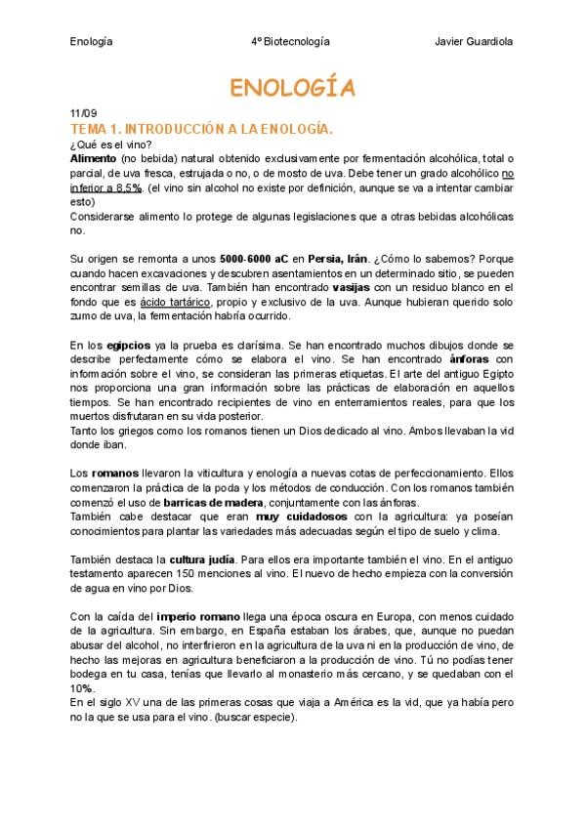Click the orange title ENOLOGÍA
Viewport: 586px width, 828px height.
(292, 89)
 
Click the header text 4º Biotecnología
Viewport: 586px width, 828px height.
(290, 42)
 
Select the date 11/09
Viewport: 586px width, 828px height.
(83, 114)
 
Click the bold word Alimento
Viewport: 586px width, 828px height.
(94, 158)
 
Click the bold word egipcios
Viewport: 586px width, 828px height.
(129, 346)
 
